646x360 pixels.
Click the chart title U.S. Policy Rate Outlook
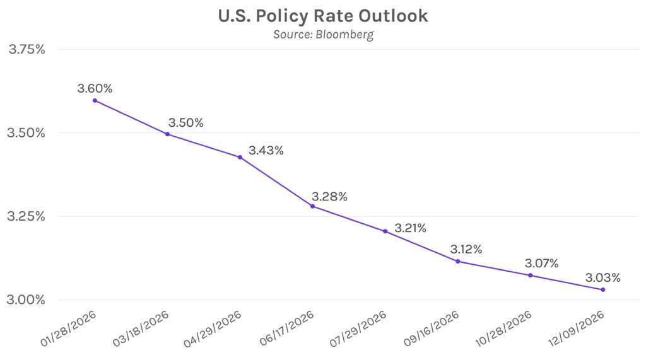323,16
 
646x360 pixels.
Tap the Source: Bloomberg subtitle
323,35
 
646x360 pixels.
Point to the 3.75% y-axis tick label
26,50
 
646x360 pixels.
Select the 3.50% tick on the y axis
26,133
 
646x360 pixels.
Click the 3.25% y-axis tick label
26,216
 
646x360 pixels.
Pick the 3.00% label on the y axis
26,299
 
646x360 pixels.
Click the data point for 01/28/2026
95,100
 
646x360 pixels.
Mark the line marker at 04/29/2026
240,157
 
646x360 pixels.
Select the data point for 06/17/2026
312,206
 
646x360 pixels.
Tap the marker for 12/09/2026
603,289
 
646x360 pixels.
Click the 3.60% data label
95,89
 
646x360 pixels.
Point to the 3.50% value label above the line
185,123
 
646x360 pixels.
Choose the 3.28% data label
329,197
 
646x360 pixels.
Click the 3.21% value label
410,227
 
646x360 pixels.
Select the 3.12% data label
466,250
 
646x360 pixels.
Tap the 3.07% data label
541,264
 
